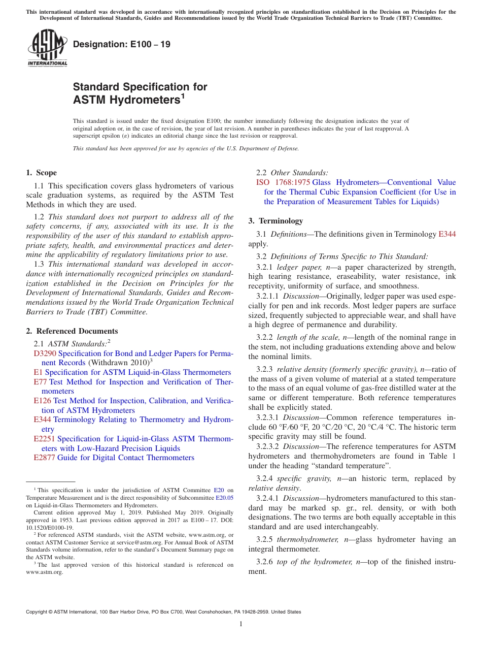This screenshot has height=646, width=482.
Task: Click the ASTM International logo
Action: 47,49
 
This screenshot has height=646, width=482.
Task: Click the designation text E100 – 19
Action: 122,45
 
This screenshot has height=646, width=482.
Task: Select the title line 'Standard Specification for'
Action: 140,87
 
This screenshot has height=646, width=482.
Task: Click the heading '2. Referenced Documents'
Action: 72,331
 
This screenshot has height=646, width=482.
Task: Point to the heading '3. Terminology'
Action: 276,221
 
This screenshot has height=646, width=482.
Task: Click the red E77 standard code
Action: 41,382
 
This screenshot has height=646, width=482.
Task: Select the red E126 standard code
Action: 43,401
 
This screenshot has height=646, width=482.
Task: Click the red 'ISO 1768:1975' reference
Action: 283,182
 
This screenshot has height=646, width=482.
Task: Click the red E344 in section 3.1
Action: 447,234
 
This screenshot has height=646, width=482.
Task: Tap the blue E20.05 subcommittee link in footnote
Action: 224,498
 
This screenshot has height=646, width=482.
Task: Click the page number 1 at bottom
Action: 241,624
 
